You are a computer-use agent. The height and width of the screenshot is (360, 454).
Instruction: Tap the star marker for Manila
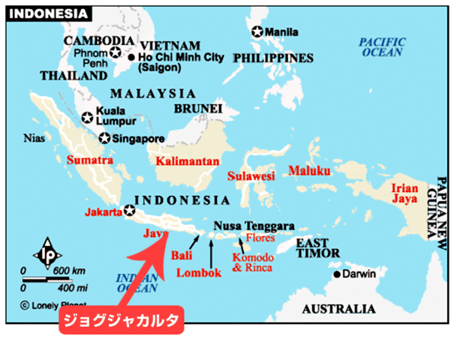coord(258,32)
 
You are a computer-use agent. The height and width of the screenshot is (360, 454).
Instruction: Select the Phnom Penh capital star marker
coord(115,52)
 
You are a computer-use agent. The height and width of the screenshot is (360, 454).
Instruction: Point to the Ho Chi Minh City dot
coord(131,57)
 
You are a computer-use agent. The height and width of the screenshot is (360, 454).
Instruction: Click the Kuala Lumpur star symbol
coord(87,117)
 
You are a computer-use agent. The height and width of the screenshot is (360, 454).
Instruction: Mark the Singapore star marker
coord(105,138)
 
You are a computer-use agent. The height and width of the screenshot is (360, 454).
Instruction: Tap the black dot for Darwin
coord(337,274)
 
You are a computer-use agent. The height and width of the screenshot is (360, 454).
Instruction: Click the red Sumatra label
coord(89,160)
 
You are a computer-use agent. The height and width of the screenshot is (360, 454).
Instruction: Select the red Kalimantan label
coord(188,160)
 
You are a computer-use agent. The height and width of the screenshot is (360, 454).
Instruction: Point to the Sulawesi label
coord(251,176)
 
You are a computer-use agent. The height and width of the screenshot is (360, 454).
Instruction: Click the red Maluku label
coord(309,170)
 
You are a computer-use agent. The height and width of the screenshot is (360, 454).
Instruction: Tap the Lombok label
coord(199,273)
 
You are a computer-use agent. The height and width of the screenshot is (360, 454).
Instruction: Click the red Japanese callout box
coord(121,321)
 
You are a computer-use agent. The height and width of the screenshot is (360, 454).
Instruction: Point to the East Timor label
coord(315,249)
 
